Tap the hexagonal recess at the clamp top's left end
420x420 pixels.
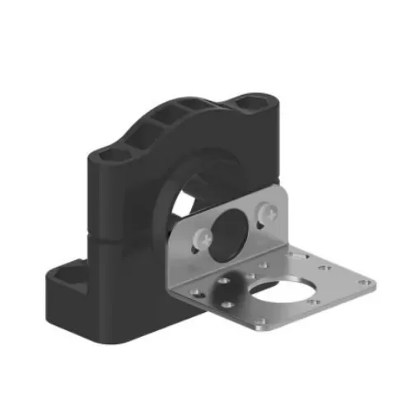pos(114,156)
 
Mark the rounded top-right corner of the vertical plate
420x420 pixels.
pos(283,194)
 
